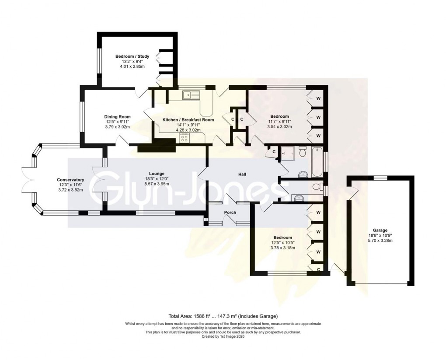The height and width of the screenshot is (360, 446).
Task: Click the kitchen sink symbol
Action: click(x=192, y=94)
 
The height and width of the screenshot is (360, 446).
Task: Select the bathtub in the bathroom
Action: click(x=316, y=162)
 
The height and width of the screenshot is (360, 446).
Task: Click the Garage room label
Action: click(x=380, y=231)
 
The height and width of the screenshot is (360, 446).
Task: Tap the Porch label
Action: click(x=230, y=213)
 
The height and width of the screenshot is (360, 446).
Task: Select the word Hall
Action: click(x=242, y=175)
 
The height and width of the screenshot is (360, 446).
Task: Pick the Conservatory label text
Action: click(x=70, y=180)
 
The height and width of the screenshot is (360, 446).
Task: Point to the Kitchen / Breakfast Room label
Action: click(x=188, y=119)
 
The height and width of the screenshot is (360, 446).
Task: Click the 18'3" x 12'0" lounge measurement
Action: click(x=156, y=179)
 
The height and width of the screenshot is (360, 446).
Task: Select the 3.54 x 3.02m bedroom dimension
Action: click(x=279, y=127)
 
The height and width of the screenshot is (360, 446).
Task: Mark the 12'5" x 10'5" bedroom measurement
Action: click(x=284, y=243)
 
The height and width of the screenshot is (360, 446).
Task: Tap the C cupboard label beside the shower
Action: click(x=274, y=152)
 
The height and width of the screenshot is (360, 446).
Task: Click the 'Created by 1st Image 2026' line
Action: click(x=223, y=336)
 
